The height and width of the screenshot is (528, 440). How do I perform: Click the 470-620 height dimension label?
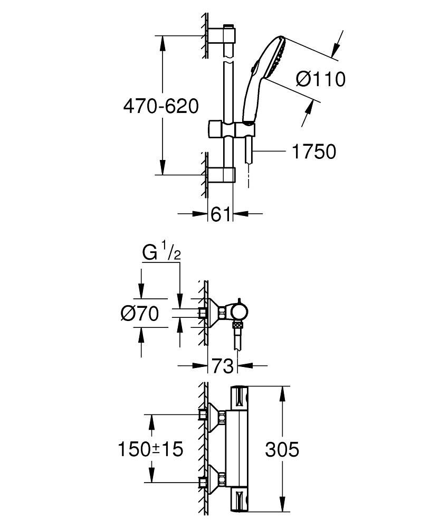160,107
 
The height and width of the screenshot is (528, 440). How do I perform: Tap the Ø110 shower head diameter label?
320,79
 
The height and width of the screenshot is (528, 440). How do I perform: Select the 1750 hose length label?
313,152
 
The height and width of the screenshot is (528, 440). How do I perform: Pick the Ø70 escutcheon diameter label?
139,314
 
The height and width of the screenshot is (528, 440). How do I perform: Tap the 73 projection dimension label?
222,365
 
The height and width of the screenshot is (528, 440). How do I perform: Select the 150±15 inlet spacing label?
150,449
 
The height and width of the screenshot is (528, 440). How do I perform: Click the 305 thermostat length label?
282,450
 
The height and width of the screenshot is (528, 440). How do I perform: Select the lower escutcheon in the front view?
215,481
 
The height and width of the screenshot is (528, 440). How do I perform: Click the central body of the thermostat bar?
238,449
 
